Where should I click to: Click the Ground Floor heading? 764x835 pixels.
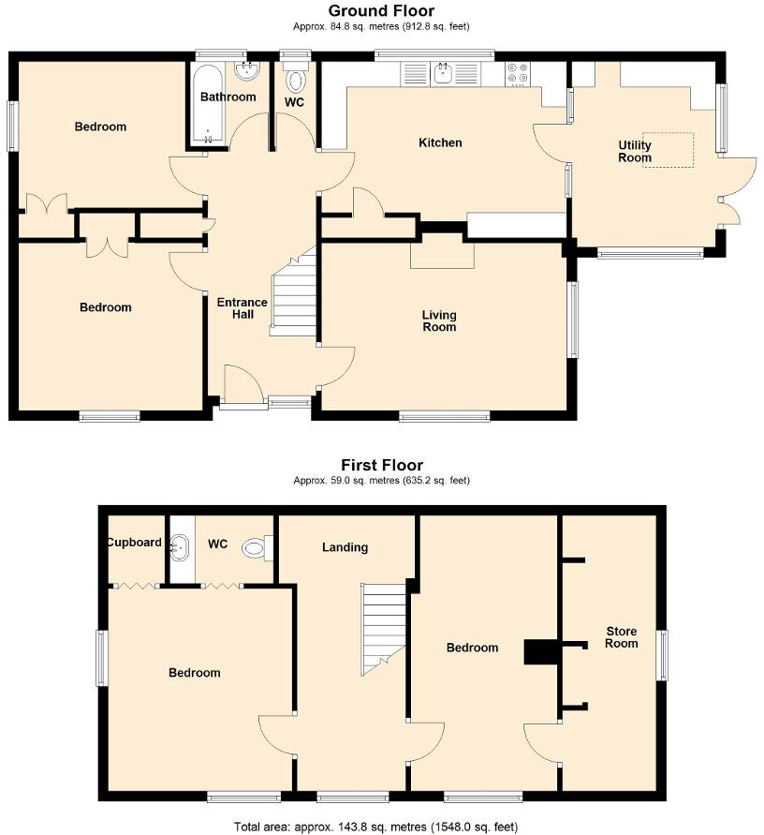tap(381, 11)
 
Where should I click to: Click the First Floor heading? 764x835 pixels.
tap(381, 465)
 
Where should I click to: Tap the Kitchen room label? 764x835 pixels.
tap(440, 142)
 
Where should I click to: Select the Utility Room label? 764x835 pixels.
tap(634, 152)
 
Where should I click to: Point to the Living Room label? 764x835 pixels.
tap(439, 321)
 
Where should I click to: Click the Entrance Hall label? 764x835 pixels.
tap(242, 308)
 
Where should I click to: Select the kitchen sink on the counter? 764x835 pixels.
tap(443, 73)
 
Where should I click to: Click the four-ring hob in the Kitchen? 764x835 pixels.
tap(517, 73)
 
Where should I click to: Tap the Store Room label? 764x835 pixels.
tap(621, 637)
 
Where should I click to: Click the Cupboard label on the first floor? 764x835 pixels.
tap(134, 543)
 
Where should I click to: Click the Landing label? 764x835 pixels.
tap(345, 547)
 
